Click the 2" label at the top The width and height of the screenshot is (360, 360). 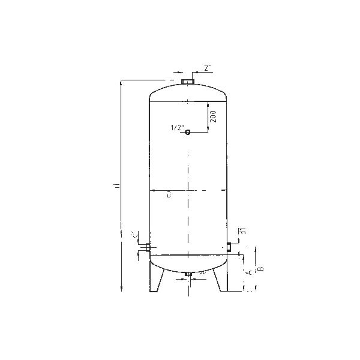pos(207,68)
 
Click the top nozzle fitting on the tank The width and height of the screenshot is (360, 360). pos(188,81)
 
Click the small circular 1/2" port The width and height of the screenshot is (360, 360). pos(188,132)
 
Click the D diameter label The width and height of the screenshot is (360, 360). pos(170,193)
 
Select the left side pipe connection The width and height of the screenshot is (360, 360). pos(144,247)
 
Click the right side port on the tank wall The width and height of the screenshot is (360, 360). pos(229,245)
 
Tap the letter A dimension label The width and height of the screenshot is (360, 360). pos(248,272)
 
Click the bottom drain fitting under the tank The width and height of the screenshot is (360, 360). pos(188,275)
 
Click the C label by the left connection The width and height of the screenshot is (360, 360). pos(134,235)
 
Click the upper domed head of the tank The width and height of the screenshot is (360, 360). pos(188,93)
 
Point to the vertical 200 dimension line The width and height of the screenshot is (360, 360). pos(209,118)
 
